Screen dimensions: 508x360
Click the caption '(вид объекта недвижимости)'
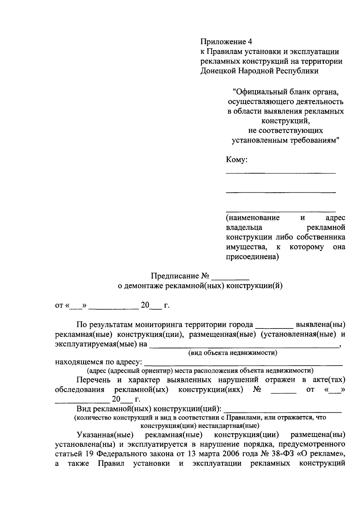pyautogui.click(x=232, y=353)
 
